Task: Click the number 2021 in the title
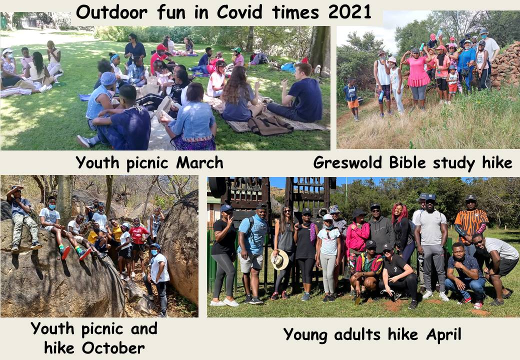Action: click(x=349, y=12)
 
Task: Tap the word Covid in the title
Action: click(x=240, y=12)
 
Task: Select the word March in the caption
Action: click(x=199, y=162)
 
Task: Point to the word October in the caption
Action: click(x=113, y=348)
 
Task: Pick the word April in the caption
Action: click(x=443, y=334)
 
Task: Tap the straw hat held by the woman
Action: click(x=280, y=259)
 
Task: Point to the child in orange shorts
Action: click(x=352, y=98)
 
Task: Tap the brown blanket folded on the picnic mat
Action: click(x=269, y=126)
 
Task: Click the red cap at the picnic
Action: click(x=161, y=47)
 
